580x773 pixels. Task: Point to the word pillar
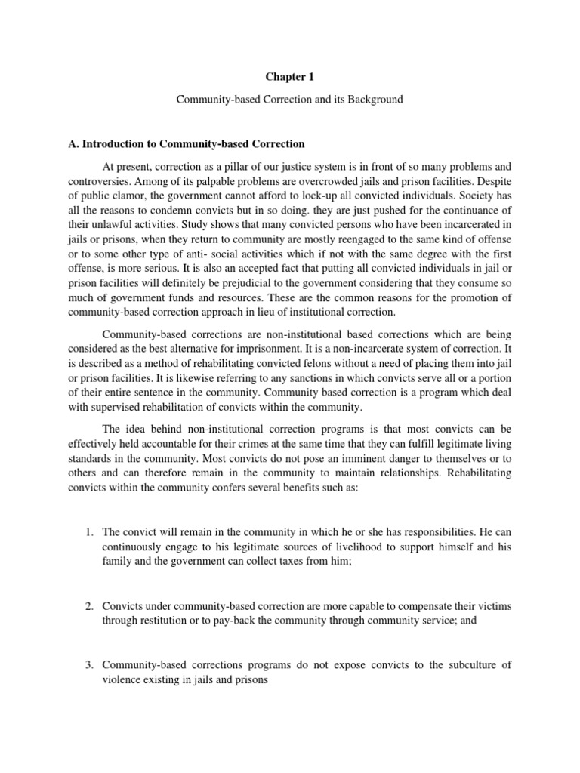point(239,168)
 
